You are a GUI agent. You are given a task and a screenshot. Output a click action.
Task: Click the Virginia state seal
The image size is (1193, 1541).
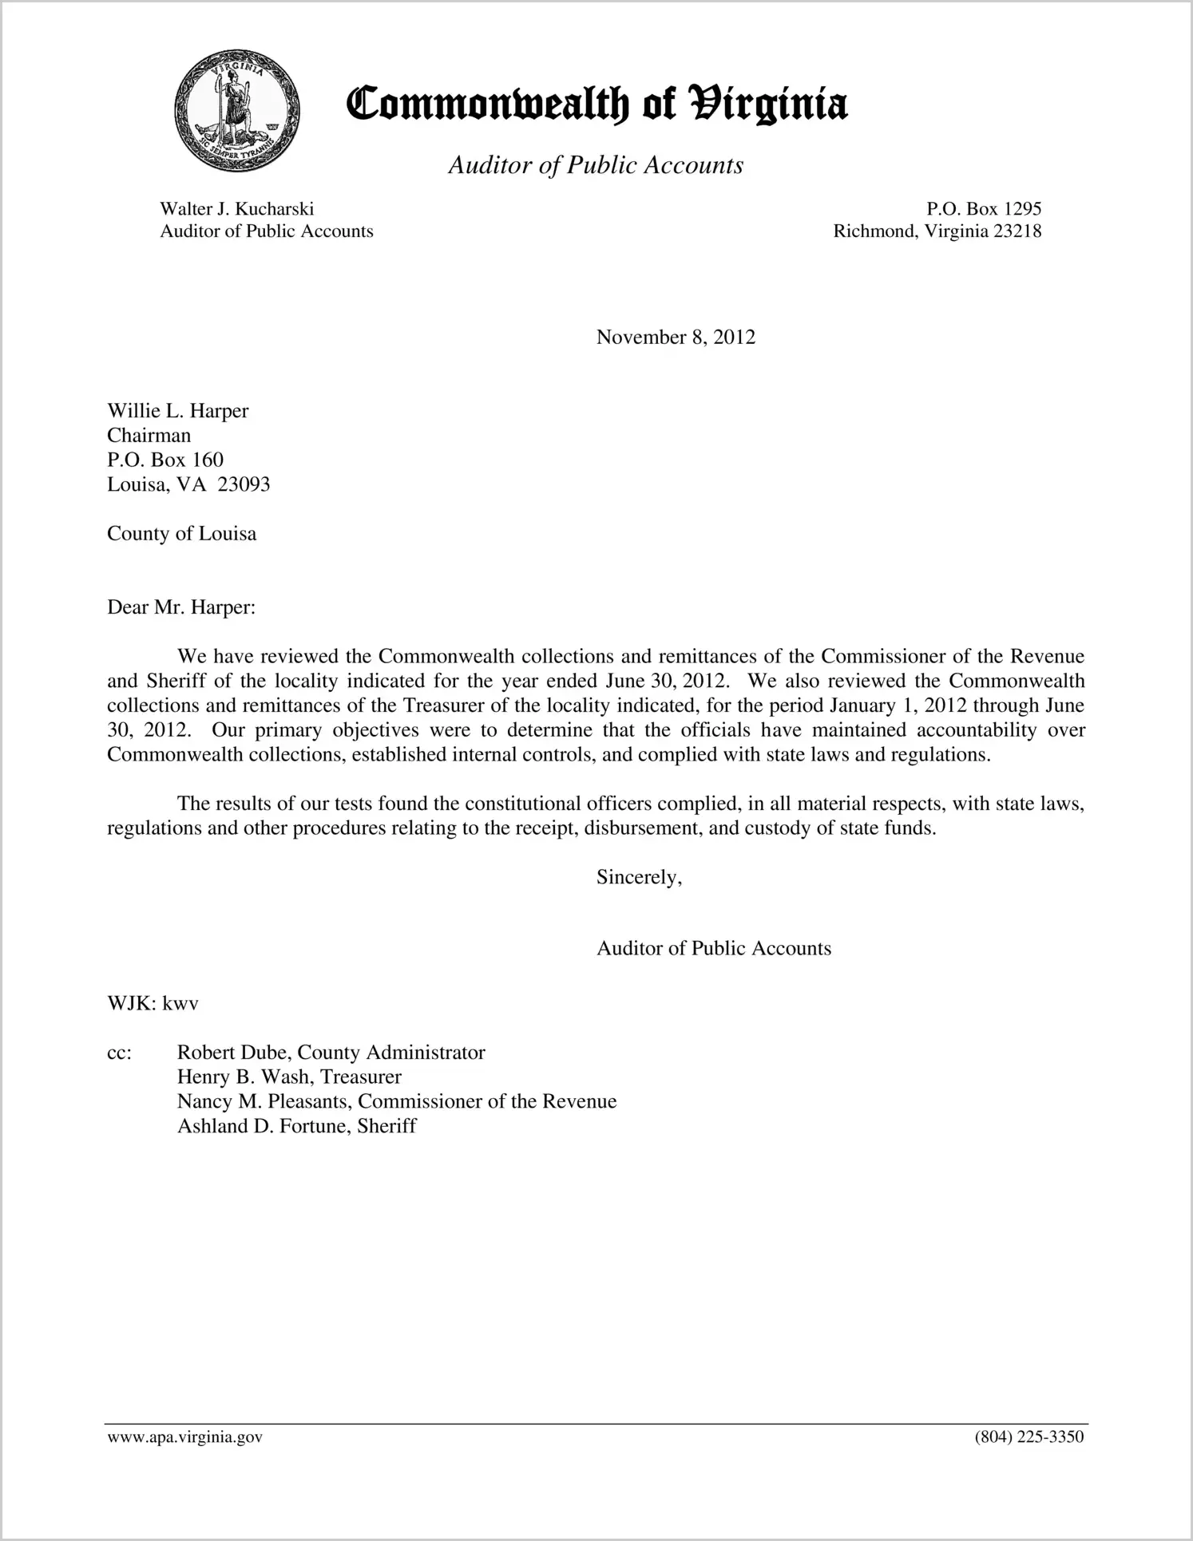[x=236, y=110]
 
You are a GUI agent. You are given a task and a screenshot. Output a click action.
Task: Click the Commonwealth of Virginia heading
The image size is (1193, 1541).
[x=596, y=105]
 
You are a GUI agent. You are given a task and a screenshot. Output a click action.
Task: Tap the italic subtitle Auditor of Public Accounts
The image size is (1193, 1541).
[x=596, y=165]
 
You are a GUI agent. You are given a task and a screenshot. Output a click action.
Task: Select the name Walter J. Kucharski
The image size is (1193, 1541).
[x=237, y=209]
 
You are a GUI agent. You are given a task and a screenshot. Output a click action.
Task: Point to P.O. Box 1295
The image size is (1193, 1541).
[x=984, y=209]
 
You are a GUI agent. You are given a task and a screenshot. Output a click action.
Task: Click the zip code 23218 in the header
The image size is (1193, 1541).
[x=1017, y=231]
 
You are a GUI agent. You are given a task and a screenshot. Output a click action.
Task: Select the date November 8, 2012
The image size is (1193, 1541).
[x=676, y=338]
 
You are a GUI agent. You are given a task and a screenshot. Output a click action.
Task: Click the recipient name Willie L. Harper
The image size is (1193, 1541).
[x=178, y=411]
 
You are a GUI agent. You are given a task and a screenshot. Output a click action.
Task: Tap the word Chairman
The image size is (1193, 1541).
[x=149, y=436]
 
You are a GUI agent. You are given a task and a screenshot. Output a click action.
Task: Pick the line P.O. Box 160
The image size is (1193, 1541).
[x=165, y=460]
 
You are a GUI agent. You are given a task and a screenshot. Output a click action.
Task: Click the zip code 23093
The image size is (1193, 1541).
[x=244, y=484]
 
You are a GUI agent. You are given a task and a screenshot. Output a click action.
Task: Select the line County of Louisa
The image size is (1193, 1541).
[x=182, y=534]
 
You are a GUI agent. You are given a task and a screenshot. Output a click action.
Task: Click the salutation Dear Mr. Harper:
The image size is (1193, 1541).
[x=181, y=607]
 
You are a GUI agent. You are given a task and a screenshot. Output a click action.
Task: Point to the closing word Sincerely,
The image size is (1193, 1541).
[x=639, y=877]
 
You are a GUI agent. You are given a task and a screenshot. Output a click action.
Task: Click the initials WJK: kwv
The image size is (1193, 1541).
[x=153, y=1004]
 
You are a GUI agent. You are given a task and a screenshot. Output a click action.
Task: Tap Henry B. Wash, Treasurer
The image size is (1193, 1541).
[x=289, y=1077]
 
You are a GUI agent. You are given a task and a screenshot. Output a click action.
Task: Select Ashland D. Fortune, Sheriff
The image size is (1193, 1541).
[x=297, y=1126]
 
